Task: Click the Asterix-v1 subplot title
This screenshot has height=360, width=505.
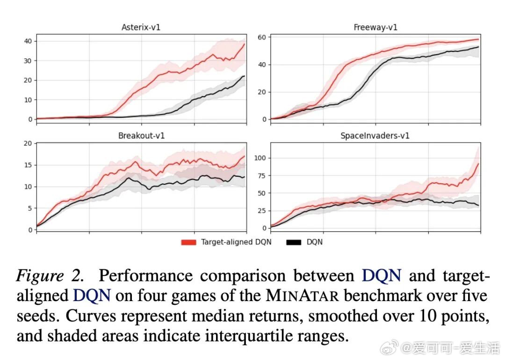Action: coord(142,27)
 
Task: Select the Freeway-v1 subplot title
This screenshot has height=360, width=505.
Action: coord(375,27)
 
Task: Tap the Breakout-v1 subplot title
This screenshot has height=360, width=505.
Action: coord(141,136)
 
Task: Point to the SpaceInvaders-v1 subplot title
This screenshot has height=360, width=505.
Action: coord(375,136)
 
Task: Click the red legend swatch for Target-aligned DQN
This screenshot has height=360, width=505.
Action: coord(188,242)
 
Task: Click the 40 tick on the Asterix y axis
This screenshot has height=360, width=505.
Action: coord(29,41)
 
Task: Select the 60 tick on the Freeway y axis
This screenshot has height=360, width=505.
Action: coord(262,37)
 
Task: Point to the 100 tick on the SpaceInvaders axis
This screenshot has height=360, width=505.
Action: coord(260,158)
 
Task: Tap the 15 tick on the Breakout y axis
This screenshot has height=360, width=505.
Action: coord(29,165)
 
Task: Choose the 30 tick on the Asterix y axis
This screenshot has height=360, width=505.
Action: coord(29,61)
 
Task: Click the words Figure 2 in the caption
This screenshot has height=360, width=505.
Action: coord(50,276)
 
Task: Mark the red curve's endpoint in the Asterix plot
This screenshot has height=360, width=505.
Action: coord(245,44)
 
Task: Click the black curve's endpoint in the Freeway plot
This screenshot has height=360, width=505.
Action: coord(478,47)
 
